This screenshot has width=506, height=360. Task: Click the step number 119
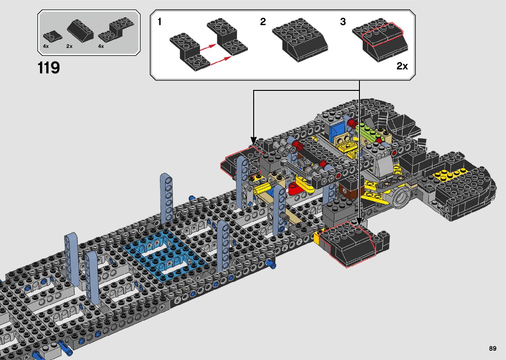tap(49, 67)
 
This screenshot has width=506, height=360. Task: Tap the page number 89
tap(493, 348)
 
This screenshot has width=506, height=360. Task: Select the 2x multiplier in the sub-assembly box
tap(402, 66)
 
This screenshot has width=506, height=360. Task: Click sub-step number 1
tap(160, 22)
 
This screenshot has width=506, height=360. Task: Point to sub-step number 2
tap(263, 22)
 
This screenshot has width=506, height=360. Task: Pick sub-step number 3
tap(343, 22)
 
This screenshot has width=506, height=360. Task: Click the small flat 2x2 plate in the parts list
tap(53, 36)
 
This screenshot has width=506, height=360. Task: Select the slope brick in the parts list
tap(80, 30)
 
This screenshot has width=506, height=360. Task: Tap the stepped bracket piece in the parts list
tap(116, 30)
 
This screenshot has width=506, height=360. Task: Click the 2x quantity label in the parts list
tap(69, 46)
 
